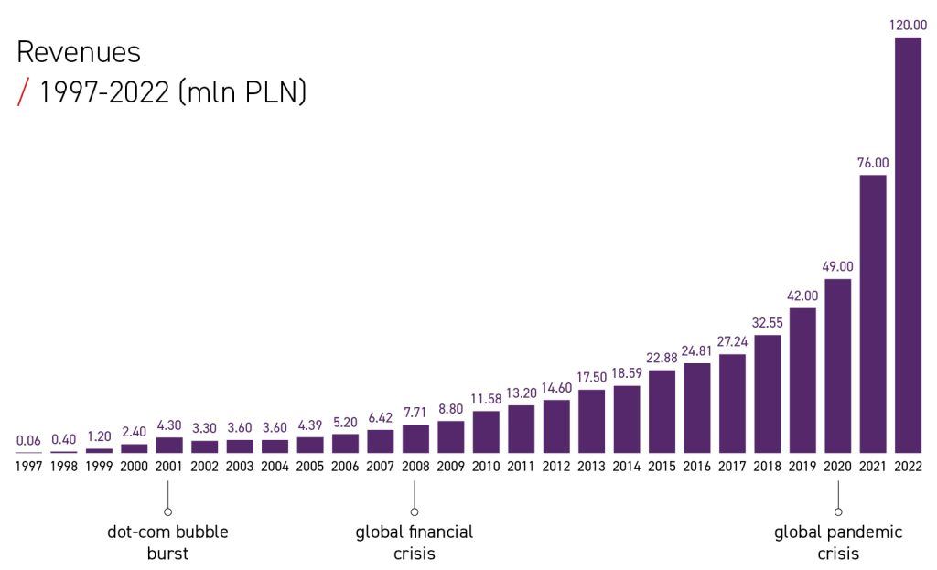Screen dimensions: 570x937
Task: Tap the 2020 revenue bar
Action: click(838, 365)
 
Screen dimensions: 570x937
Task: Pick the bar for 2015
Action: click(662, 411)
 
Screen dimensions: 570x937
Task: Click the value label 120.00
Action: click(908, 26)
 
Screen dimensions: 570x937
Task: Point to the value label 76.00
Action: click(873, 163)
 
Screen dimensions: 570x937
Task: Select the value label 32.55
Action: click(768, 322)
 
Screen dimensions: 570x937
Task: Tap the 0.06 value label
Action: click(29, 440)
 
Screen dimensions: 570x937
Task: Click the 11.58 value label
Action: click(487, 399)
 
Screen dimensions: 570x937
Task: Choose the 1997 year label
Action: click(29, 467)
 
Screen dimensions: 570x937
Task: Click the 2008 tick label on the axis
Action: click(416, 467)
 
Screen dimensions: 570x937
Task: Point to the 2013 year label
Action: click(592, 467)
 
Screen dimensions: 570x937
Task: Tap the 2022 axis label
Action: click(908, 467)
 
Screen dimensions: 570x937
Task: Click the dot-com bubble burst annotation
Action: click(167, 542)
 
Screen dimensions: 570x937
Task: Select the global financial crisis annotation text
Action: click(415, 542)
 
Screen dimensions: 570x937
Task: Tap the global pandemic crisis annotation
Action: click(838, 542)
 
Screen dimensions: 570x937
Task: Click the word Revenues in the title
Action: click(79, 52)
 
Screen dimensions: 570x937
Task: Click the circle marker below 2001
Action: click(168, 511)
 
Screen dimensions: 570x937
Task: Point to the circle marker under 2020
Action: click(838, 511)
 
